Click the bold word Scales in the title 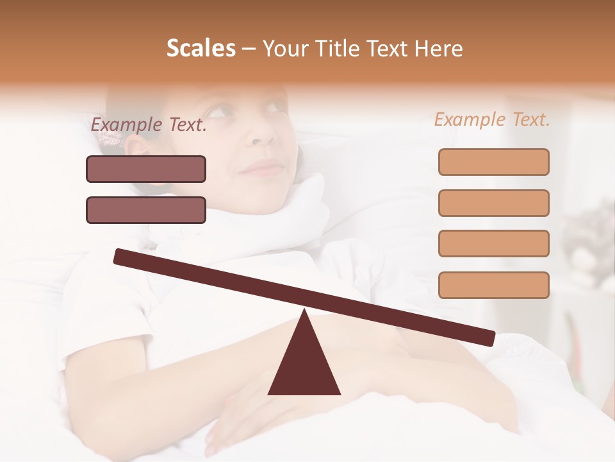pyautogui.click(x=201, y=49)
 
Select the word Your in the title pyautogui.click(x=285, y=49)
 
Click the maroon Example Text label pyautogui.click(x=149, y=125)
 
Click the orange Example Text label pyautogui.click(x=492, y=119)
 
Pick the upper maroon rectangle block pyautogui.click(x=146, y=169)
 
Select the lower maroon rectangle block pyautogui.click(x=146, y=210)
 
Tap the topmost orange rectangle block pyautogui.click(x=493, y=162)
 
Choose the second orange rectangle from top pyautogui.click(x=493, y=203)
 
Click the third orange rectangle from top pyautogui.click(x=493, y=243)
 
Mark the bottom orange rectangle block pyautogui.click(x=493, y=285)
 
